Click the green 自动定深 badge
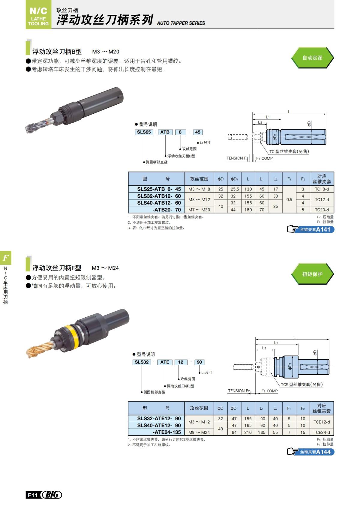[x=312, y=58]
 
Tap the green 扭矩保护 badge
[x=312, y=274]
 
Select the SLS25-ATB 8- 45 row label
[x=159, y=189]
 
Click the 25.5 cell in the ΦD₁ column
[x=235, y=189]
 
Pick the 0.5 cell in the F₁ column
[x=289, y=199]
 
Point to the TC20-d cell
[x=322, y=210]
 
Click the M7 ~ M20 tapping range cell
[x=199, y=210]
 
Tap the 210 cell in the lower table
[x=248, y=433]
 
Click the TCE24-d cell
[x=322, y=433]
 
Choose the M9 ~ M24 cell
[x=199, y=433]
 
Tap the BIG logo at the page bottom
[x=52, y=495]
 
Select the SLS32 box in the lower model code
[x=142, y=362]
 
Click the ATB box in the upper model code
[x=165, y=132]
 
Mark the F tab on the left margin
[x=6, y=257]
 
